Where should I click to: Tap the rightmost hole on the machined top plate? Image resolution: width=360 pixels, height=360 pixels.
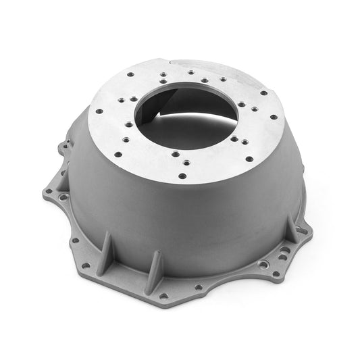(274, 116)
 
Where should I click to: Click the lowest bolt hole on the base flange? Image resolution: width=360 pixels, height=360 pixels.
(199, 286)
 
